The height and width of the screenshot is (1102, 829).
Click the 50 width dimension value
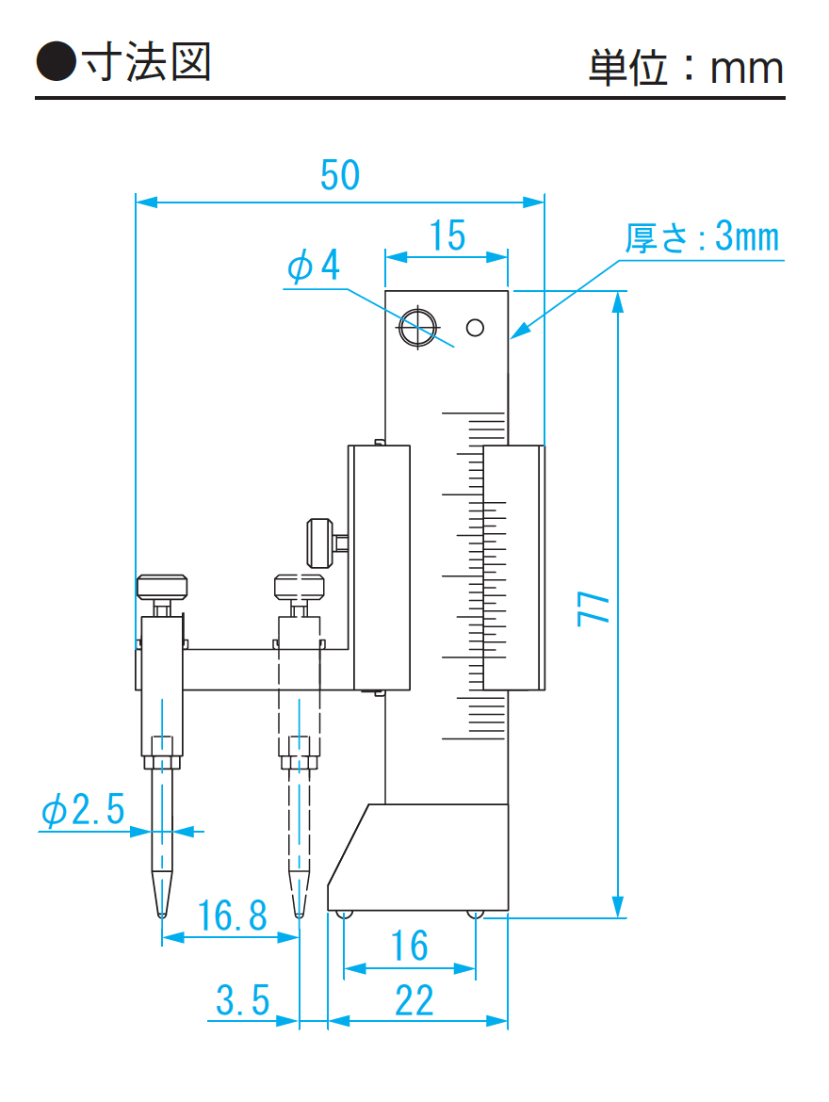(x=340, y=175)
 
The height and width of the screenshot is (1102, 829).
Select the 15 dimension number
(x=447, y=235)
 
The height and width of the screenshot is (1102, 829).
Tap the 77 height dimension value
(x=594, y=608)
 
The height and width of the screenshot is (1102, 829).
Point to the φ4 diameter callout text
(x=313, y=267)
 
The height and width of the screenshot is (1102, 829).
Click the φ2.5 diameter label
(x=83, y=809)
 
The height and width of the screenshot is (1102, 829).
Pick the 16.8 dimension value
(x=233, y=915)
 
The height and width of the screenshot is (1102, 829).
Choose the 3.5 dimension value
(x=243, y=999)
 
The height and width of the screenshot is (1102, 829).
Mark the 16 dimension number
(x=410, y=946)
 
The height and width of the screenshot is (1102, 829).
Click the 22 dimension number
(x=414, y=1000)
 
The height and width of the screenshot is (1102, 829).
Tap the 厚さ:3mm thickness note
(x=703, y=237)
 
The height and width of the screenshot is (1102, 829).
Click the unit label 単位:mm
(x=686, y=68)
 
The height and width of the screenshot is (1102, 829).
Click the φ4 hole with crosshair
(x=416, y=328)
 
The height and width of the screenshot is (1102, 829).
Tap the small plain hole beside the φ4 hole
(x=475, y=328)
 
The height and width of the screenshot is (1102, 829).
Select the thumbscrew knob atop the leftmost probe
(x=162, y=588)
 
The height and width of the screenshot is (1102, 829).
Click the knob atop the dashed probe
(x=300, y=587)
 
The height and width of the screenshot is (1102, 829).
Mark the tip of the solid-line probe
(x=161, y=912)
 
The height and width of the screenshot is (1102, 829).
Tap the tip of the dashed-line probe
(x=299, y=912)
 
